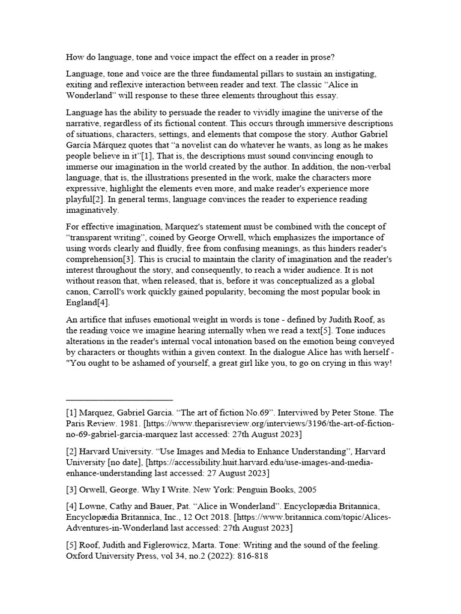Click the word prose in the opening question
point(323,58)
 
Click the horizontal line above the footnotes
point(119,399)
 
